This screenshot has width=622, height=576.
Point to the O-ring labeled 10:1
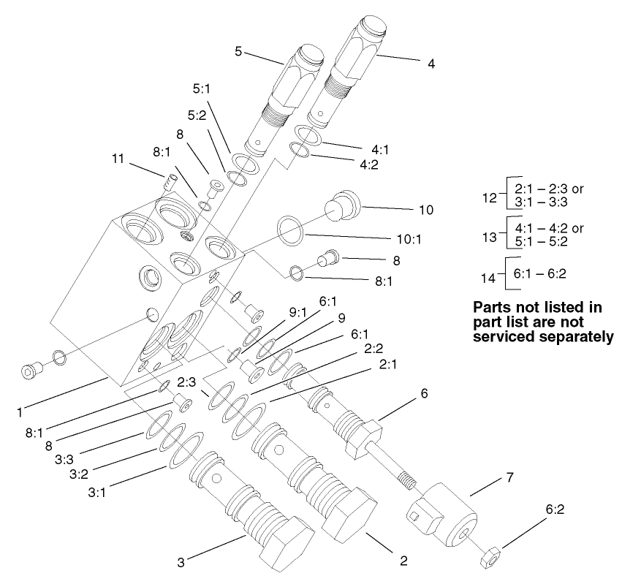pyautogui.click(x=290, y=230)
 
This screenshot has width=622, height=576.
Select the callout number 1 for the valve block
pyautogui.click(x=19, y=412)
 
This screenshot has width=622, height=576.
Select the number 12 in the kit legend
pyautogui.click(x=488, y=197)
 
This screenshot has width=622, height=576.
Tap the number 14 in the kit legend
pyautogui.click(x=488, y=278)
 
